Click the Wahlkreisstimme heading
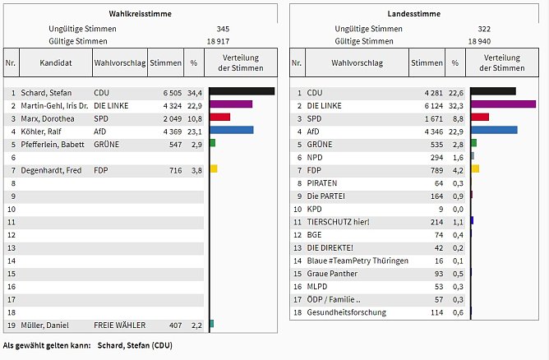tap(136, 14)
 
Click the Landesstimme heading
tap(413, 14)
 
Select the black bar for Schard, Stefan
tap(242, 92)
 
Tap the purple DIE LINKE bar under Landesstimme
tap(503, 104)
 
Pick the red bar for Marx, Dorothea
tap(220, 118)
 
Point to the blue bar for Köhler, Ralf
tap(232, 130)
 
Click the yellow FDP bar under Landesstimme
tap(475, 168)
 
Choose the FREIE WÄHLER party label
tap(118, 324)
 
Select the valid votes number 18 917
tap(216, 40)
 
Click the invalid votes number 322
tap(484, 29)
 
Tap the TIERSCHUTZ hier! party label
tap(339, 222)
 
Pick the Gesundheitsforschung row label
tap(346, 312)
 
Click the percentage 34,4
tap(194, 93)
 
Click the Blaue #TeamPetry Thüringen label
tap(358, 261)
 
